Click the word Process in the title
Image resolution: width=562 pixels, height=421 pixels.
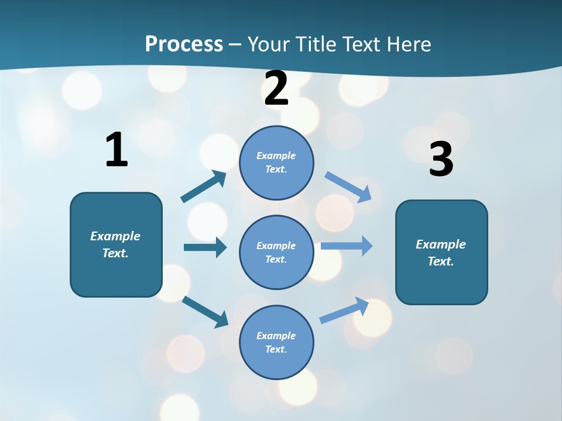point(184,44)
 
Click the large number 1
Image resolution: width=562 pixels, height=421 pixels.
point(116,150)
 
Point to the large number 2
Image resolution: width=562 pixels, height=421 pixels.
point(276,88)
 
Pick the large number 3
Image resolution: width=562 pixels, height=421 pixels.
point(441,160)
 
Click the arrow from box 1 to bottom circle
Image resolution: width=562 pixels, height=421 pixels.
point(205,311)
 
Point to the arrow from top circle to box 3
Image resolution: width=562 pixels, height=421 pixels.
point(348,187)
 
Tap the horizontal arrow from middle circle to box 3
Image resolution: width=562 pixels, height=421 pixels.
point(347,246)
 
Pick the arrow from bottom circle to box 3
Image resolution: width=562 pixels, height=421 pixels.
point(344,310)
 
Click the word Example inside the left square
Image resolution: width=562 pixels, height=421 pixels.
point(115,236)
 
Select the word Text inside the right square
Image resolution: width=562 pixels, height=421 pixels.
point(440,261)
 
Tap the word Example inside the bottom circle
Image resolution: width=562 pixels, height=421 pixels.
point(276,336)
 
